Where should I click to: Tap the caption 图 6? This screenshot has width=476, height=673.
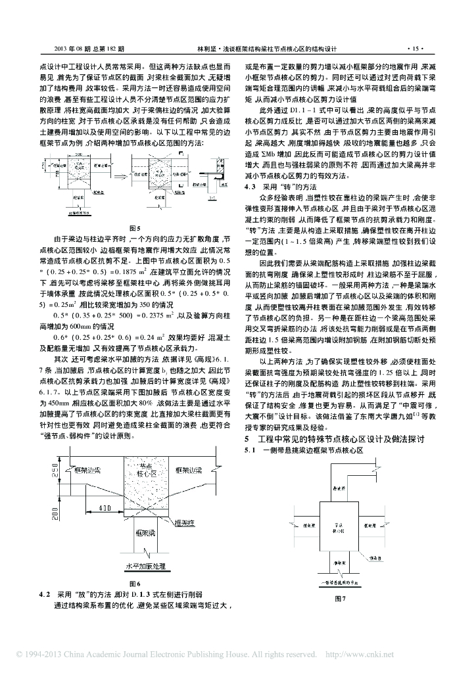coord(135,582)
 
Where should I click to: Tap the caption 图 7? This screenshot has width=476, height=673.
coord(340,599)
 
